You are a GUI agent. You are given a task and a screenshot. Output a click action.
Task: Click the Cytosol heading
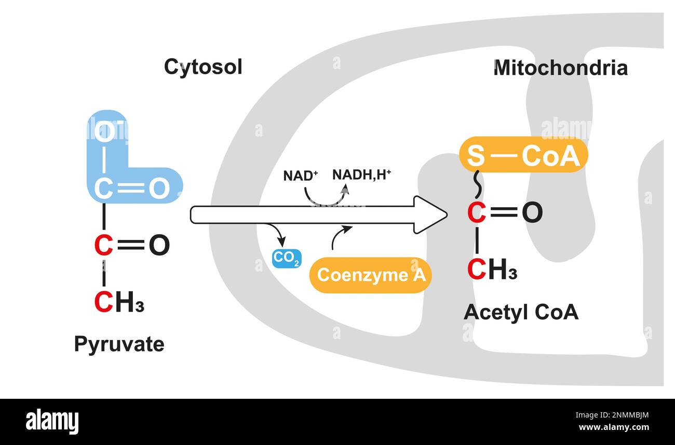tap(203, 67)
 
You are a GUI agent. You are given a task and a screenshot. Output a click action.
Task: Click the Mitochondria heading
tap(560, 68)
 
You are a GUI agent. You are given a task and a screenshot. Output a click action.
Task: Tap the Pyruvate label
tap(119, 344)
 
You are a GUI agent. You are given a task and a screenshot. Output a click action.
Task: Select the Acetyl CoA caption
tap(521, 312)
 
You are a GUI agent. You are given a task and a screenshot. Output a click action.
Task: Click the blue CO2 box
tap(287, 258)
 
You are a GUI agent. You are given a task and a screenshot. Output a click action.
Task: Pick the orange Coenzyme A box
tap(371, 275)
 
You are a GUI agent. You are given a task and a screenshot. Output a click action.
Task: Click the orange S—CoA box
tap(523, 155)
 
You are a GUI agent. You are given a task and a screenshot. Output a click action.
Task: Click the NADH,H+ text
tap(361, 174)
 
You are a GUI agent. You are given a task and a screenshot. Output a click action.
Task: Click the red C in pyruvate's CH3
tap(104, 303)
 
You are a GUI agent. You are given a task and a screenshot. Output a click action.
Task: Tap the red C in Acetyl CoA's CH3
tap(477, 269)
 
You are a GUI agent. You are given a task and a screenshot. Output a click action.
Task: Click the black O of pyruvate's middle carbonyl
tap(159, 246)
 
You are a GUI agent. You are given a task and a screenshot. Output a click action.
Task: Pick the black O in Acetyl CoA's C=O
tap(532, 213)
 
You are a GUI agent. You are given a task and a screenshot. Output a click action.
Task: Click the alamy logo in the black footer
tap(52, 421)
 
